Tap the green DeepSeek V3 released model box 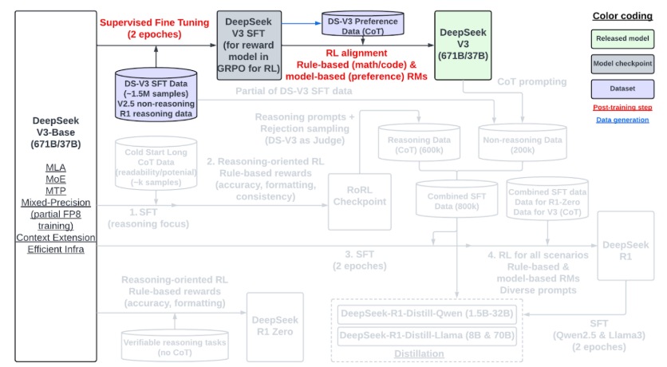tap(461, 43)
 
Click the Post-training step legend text tap(622, 107)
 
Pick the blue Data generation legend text tap(622, 120)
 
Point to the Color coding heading tap(622, 15)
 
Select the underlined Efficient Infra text tap(54, 250)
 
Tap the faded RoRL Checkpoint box tap(360, 195)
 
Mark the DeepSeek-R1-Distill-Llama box tap(427, 335)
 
